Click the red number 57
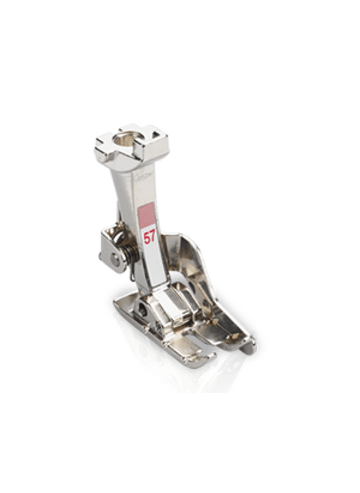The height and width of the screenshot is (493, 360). click(149, 237)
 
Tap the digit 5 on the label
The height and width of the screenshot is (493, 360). click(147, 238)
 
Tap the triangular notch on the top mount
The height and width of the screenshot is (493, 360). click(155, 135)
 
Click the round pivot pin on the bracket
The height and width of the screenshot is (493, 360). click(114, 258)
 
